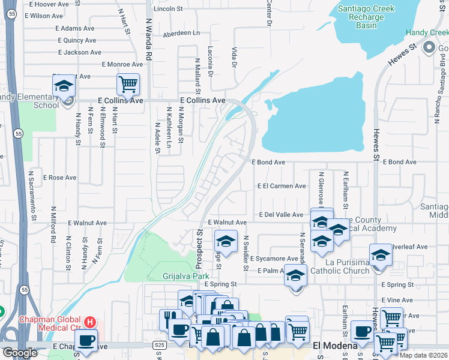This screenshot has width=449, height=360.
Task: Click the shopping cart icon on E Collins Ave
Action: (x=128, y=85)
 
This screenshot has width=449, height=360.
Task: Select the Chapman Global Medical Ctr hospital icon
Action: (x=89, y=322)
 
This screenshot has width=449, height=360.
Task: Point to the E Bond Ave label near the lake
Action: (x=272, y=162)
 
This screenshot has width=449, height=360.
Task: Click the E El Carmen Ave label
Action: (x=282, y=186)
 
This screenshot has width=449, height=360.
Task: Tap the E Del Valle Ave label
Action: (x=281, y=214)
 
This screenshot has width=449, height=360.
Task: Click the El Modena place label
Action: (x=336, y=345)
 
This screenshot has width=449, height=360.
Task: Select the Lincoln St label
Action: (x=168, y=9)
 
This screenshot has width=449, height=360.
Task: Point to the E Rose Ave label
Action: (x=59, y=178)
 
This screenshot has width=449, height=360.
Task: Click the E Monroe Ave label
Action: (x=122, y=64)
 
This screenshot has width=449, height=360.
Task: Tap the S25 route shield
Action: (x=159, y=345)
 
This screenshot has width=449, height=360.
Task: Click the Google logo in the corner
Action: (x=20, y=353)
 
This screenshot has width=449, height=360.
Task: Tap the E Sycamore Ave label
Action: (x=274, y=259)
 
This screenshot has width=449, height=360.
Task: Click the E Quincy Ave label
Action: (x=77, y=40)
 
